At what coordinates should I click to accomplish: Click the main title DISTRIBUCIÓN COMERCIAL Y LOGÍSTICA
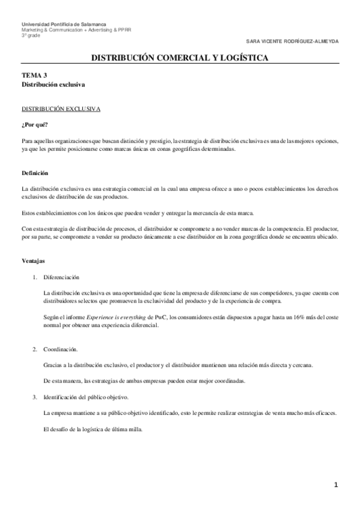pyautogui.click(x=180, y=58)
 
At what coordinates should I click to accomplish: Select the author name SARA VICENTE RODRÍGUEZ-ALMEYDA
pyautogui.click(x=293, y=41)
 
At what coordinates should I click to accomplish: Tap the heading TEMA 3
pyautogui.click(x=34, y=76)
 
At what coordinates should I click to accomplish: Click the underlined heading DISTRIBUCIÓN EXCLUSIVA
pyautogui.click(x=61, y=110)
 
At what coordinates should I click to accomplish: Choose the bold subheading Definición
pyautogui.click(x=34, y=173)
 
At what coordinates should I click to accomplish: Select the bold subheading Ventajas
pyautogui.click(x=33, y=262)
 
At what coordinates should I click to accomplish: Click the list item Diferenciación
pyautogui.click(x=61, y=277)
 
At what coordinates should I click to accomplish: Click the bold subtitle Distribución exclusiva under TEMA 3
pyautogui.click(x=53, y=85)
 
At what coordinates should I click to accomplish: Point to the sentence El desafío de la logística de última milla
pyautogui.click(x=93, y=429)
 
